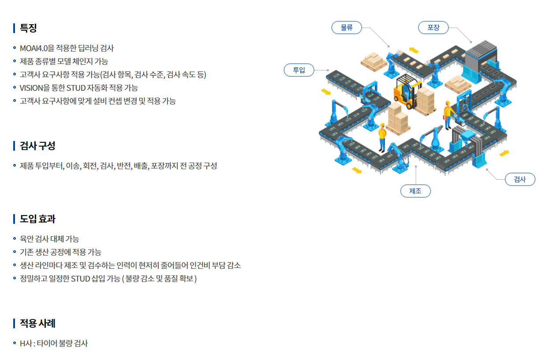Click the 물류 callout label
[347, 28]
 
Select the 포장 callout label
[433, 28]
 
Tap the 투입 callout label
[299, 70]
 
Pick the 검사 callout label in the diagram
[520, 179]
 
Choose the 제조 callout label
[415, 191]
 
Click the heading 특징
[28, 28]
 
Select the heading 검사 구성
[37, 146]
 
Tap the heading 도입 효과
[37, 219]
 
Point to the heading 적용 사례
[37, 323]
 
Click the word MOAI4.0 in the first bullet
[34, 48]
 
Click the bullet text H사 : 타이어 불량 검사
[54, 343]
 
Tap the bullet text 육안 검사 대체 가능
[49, 239]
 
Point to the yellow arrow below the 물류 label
[414, 50]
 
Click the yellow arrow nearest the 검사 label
[504, 153]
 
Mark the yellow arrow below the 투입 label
[326, 92]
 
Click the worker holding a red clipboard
[448, 115]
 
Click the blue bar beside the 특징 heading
[14, 28]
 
